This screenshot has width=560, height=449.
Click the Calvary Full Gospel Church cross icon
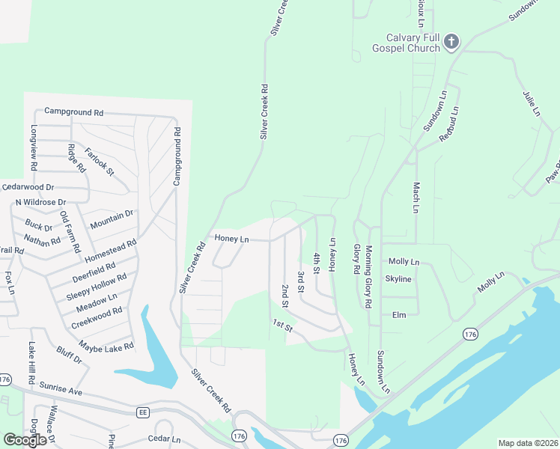(x=451, y=42)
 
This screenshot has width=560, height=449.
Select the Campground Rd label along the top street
(x=73, y=112)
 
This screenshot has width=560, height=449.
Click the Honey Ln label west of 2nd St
(x=231, y=239)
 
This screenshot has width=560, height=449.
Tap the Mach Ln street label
(x=415, y=197)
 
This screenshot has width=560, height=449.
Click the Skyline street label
(x=398, y=279)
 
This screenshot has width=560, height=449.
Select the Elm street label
(x=399, y=315)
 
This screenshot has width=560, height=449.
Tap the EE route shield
(x=142, y=412)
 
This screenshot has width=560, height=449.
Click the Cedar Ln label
(x=165, y=439)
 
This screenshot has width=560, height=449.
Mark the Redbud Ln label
(x=448, y=123)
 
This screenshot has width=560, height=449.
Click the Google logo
(x=25, y=439)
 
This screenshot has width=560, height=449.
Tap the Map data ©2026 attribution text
(x=527, y=443)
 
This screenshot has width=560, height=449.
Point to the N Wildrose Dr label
(x=41, y=202)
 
